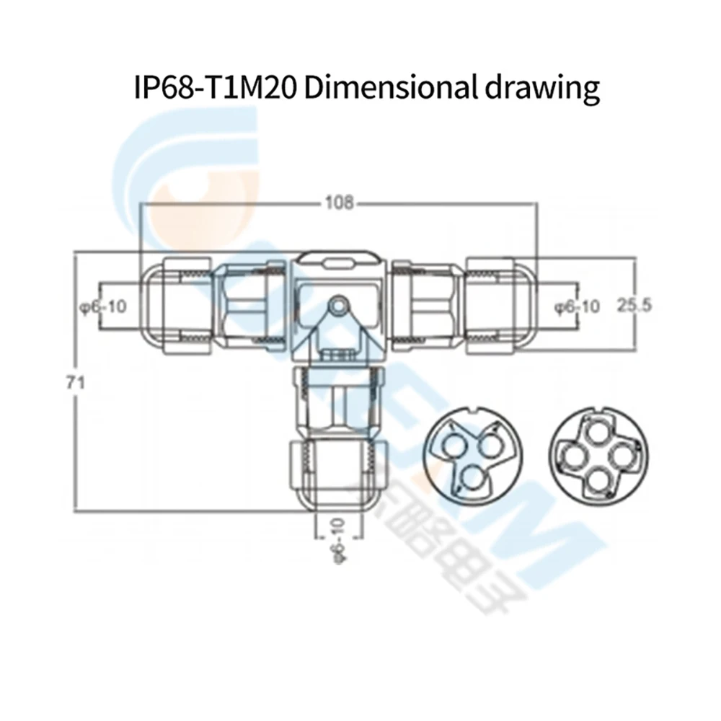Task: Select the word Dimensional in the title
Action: click(x=386, y=87)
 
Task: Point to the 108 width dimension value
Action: click(x=338, y=203)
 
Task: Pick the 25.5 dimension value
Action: click(x=634, y=306)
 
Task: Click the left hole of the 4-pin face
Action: click(x=574, y=457)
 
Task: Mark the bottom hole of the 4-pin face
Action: click(x=597, y=479)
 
